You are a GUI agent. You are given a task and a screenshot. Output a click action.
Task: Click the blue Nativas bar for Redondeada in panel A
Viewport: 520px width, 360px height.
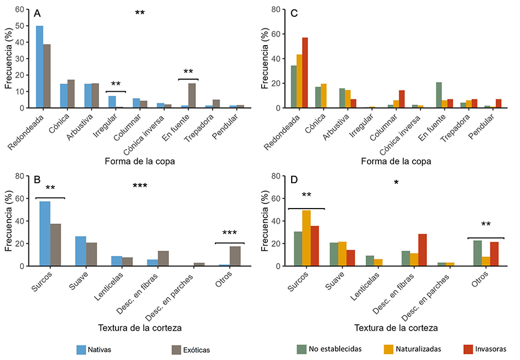pyautogui.click(x=39, y=67)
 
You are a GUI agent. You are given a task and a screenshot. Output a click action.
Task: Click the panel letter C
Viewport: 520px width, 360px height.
pyautogui.click(x=294, y=14)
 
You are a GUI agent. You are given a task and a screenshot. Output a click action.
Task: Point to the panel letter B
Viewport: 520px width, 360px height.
pyautogui.click(x=38, y=180)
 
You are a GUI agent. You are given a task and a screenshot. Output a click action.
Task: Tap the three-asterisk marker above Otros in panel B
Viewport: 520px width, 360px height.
pyautogui.click(x=229, y=233)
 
